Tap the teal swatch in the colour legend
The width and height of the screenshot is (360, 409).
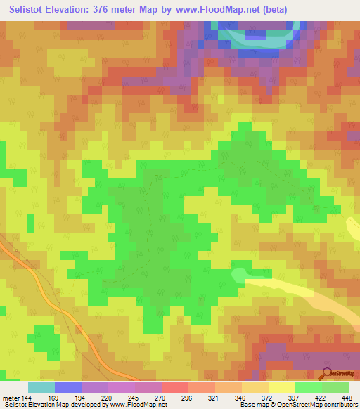tap(41, 387)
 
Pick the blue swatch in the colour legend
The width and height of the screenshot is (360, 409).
tap(68, 387)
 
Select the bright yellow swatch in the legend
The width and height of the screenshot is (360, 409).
tap(282, 387)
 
